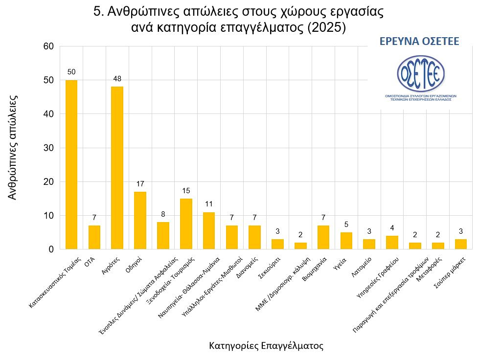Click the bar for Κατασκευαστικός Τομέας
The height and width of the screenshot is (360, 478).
(x=71, y=164)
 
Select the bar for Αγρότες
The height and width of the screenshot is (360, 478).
(x=117, y=168)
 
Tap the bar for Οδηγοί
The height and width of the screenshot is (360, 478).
(x=140, y=220)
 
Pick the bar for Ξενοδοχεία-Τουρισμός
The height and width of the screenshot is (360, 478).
(x=186, y=224)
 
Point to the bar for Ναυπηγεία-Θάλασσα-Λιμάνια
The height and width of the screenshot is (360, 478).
(x=209, y=230)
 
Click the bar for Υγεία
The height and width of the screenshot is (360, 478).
(x=346, y=241)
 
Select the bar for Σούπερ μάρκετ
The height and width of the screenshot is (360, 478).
(x=460, y=244)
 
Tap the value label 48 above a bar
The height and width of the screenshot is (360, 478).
(x=117, y=79)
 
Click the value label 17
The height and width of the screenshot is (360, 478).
(x=140, y=184)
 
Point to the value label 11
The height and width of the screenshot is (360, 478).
(x=209, y=204)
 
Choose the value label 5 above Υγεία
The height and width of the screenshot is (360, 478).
(x=346, y=225)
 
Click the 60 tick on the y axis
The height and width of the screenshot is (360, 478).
(x=48, y=46)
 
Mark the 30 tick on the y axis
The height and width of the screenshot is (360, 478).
(x=48, y=148)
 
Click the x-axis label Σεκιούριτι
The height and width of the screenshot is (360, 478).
(x=268, y=264)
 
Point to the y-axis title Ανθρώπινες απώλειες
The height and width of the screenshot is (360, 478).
(x=14, y=147)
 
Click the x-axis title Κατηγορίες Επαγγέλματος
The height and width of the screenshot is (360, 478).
(x=266, y=346)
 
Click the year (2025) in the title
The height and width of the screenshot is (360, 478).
(x=327, y=27)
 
